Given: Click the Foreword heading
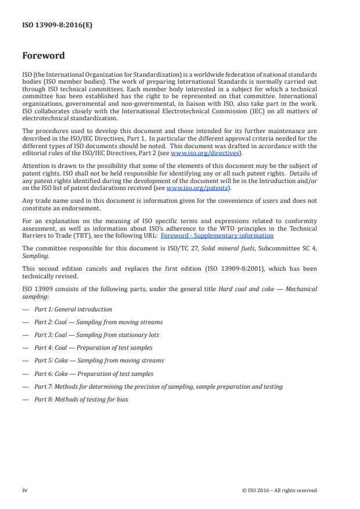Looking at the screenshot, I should [43, 56].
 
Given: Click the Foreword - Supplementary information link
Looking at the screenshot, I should [217, 236].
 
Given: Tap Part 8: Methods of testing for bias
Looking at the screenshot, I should [81, 399].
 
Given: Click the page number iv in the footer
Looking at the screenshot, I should [25, 490].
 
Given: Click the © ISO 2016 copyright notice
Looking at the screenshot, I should [279, 490].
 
